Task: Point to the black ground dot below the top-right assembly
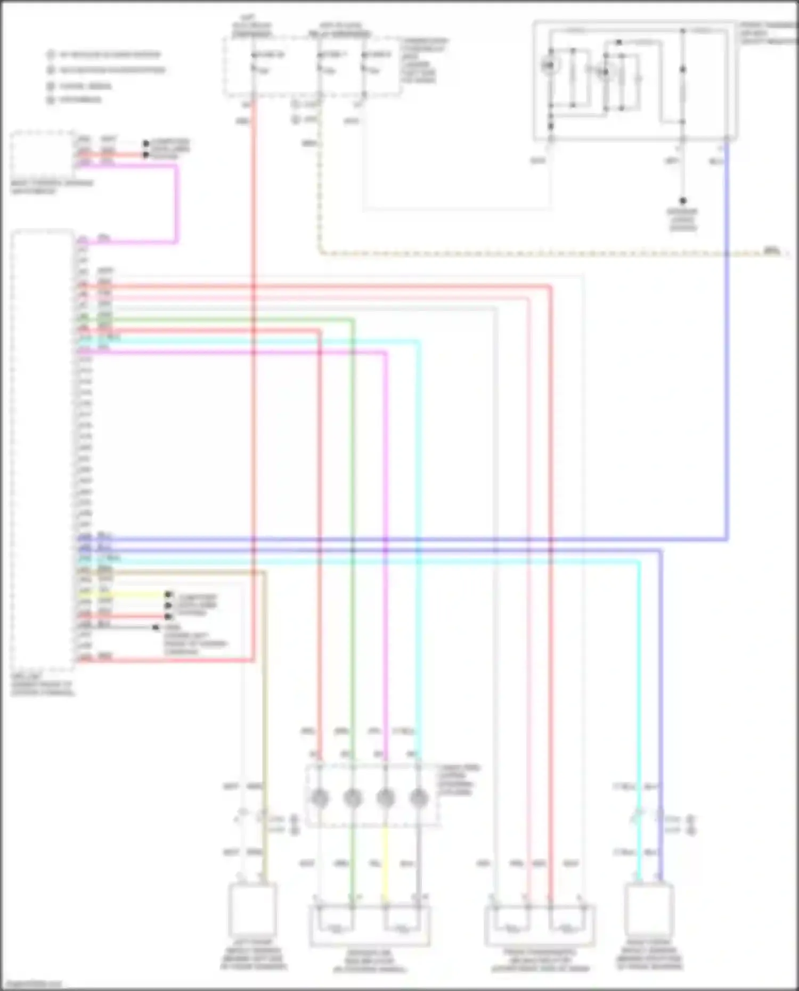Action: coord(682,201)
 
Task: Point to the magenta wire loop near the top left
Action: coord(176,202)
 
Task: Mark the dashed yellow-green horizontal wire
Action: coord(533,253)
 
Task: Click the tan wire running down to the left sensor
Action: coord(264,692)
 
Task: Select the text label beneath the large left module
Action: coord(43,685)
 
